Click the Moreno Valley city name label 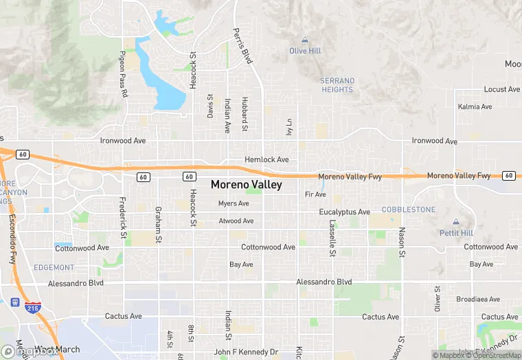coord(246,185)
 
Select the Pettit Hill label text coord(456,233)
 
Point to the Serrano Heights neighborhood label coord(337,85)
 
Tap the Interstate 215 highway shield coord(32,306)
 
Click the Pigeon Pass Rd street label coord(124,74)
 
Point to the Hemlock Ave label coord(266,159)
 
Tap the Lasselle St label coord(332,235)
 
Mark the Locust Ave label coord(502,89)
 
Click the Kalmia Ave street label coord(475,106)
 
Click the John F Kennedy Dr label coord(246,352)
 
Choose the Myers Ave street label coord(234,203)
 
